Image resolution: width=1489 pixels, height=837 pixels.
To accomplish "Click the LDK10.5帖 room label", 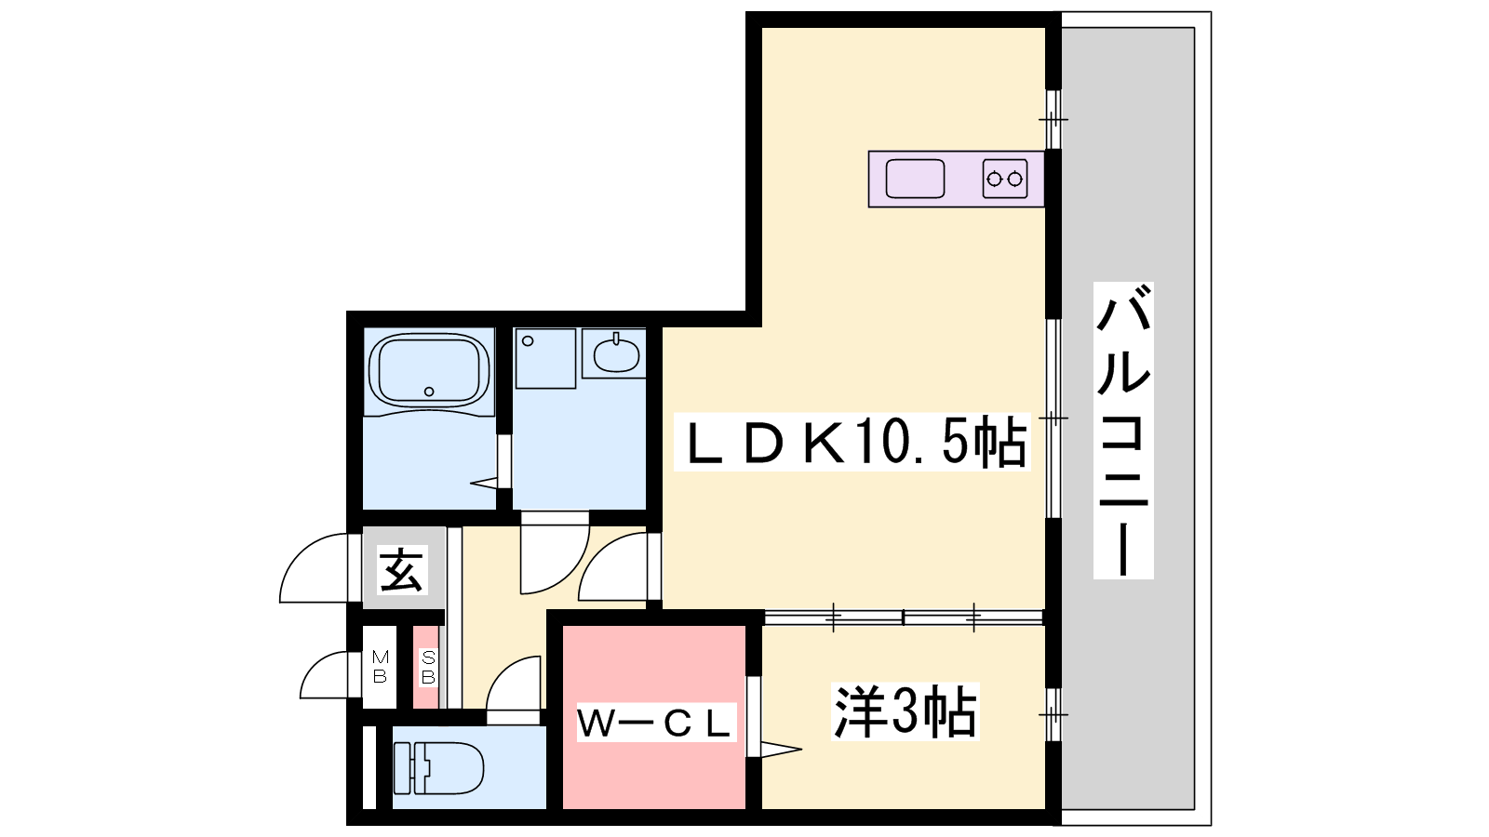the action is click(852, 442).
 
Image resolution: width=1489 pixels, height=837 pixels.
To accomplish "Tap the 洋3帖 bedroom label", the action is click(905, 711).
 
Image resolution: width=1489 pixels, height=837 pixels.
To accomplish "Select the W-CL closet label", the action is click(656, 723).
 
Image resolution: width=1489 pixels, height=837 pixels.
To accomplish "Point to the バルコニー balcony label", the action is click(1123, 431).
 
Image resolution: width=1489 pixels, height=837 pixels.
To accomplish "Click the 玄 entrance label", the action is click(401, 570).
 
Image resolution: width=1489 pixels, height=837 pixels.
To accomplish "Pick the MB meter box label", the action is click(381, 667).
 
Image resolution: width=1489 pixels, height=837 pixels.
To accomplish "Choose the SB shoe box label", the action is click(428, 668).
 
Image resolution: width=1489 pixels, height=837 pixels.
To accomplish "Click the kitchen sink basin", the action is click(916, 179).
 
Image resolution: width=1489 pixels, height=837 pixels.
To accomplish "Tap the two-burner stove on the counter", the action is click(1004, 179).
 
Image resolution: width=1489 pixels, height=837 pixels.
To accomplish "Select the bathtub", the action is click(429, 372).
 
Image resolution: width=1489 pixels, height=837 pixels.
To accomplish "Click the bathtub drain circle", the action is click(429, 392).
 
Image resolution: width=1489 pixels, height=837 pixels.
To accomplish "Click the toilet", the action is click(437, 768).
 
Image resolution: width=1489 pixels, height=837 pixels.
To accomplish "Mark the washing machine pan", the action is click(545, 359).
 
